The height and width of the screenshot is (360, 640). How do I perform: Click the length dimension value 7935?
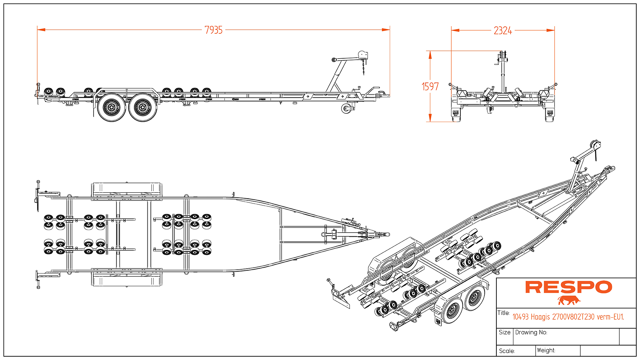(x=214, y=30)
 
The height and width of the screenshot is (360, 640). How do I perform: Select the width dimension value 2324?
(x=503, y=31)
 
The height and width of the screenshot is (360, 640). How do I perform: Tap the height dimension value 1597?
(x=430, y=87)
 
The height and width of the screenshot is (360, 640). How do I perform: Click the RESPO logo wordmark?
(x=569, y=287)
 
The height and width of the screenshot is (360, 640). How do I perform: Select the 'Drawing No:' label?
(x=531, y=332)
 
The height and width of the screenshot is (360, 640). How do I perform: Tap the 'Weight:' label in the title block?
(x=546, y=350)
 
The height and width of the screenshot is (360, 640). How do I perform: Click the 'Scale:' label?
(x=507, y=351)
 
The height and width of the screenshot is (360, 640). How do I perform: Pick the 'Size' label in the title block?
(x=505, y=332)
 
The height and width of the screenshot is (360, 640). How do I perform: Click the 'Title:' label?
(x=503, y=313)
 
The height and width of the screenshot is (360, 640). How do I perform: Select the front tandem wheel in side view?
(x=143, y=107)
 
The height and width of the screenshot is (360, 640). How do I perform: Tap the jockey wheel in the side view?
(x=346, y=109)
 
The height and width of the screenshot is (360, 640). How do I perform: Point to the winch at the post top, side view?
(x=362, y=55)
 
